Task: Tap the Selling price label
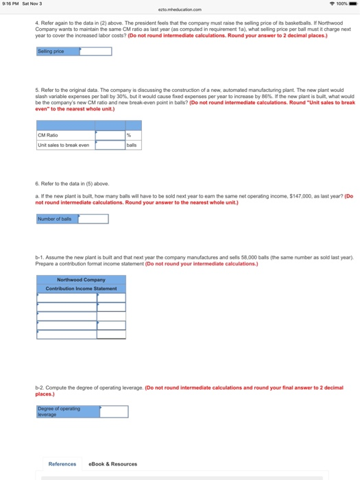[x=51, y=52]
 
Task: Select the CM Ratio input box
[x=110, y=135]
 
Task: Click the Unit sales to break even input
[x=110, y=144]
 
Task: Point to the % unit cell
[x=133, y=135]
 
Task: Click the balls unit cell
[x=133, y=144]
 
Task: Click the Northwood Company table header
[x=81, y=280]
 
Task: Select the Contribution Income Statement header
[x=81, y=288]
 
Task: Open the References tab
[x=62, y=464]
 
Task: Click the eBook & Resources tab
[x=113, y=464]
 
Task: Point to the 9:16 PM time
[x=10, y=3]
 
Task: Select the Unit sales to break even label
[x=64, y=144]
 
